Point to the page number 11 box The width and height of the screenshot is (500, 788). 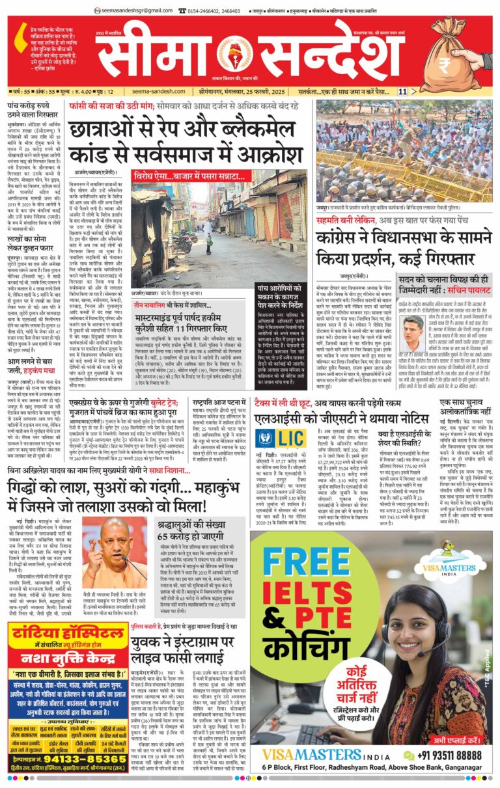403,92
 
